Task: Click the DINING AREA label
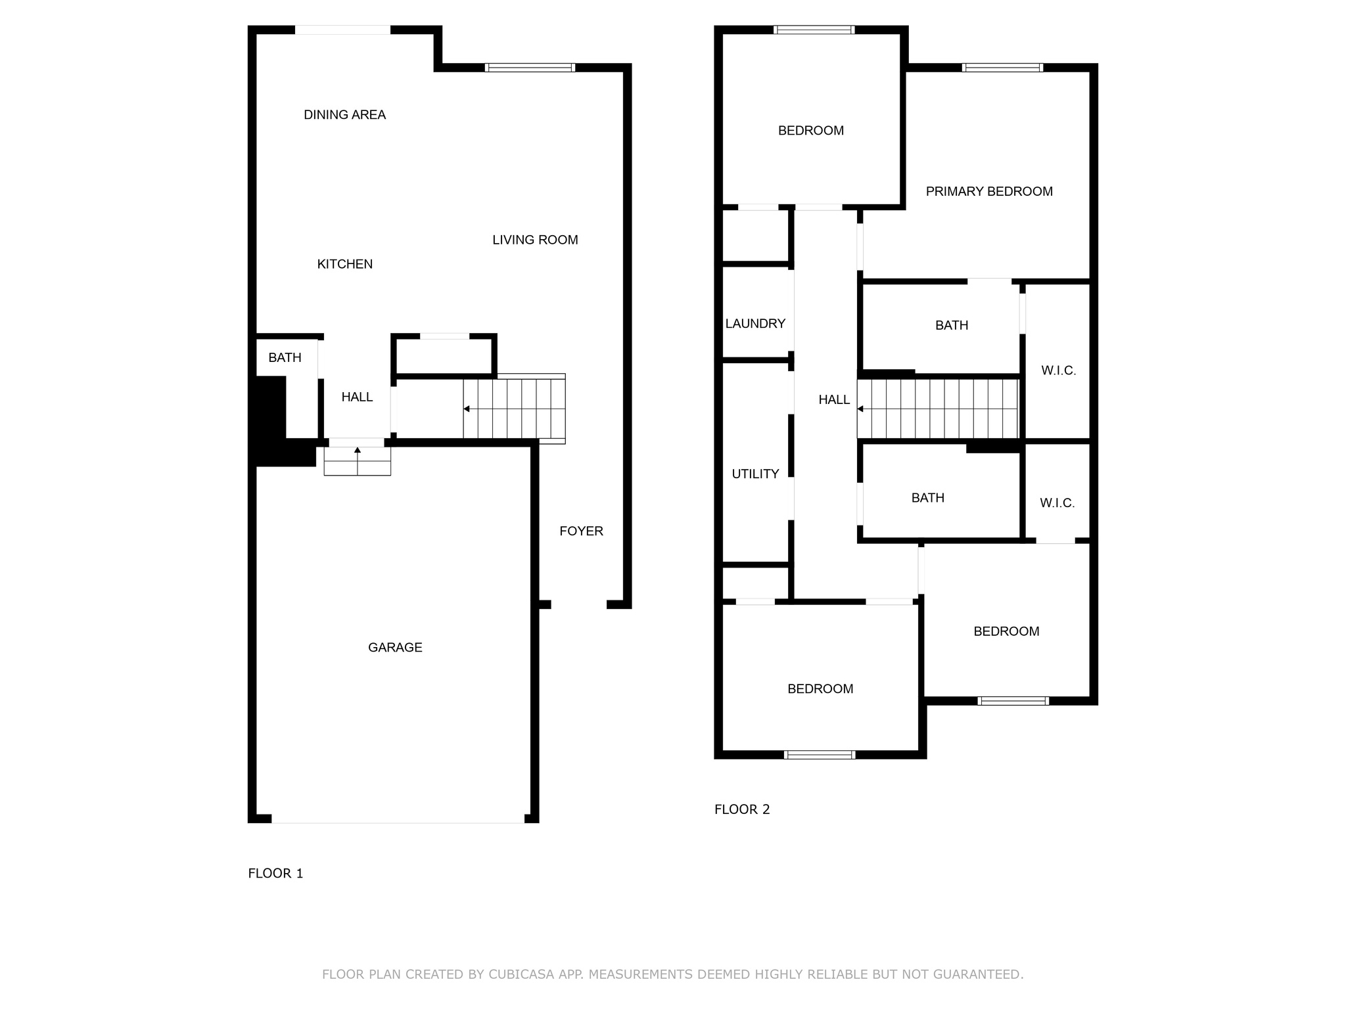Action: point(344,115)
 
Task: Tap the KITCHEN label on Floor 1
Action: point(344,264)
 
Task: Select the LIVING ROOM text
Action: point(535,240)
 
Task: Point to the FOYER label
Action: point(581,531)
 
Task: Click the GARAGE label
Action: point(395,647)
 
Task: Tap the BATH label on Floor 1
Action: point(285,357)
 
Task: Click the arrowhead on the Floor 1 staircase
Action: point(467,409)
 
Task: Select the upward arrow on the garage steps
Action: point(358,451)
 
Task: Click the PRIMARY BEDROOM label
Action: point(989,191)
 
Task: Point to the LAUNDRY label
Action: point(755,323)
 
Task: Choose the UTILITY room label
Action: point(755,474)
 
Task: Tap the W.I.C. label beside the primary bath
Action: point(1058,370)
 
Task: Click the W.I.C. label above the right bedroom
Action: point(1057,503)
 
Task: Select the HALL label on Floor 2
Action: point(834,399)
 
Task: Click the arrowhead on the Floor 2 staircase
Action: point(860,409)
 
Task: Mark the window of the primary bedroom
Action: point(1002,68)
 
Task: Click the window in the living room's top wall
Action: point(530,68)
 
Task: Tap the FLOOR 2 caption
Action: point(742,809)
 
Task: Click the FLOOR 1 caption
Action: point(275,873)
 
